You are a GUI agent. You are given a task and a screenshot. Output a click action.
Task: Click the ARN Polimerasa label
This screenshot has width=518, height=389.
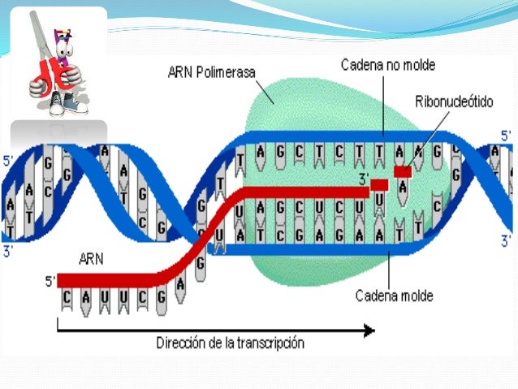click(x=214, y=72)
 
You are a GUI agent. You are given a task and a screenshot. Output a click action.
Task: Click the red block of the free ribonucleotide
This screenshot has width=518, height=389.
click(x=403, y=171)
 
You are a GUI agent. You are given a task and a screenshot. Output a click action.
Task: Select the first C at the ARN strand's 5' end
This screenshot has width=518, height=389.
click(x=66, y=298)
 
